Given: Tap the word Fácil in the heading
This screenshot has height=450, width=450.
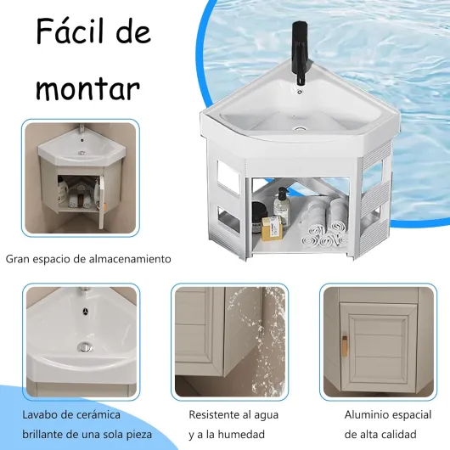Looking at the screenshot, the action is point(68,31).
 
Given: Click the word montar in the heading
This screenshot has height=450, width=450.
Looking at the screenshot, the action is point(87,88).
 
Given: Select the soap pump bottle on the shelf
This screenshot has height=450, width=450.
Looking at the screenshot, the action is point(281,205).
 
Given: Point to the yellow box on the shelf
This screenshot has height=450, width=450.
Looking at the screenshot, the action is point(272,228).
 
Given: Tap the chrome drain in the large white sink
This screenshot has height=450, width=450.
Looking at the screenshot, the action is point(300,129).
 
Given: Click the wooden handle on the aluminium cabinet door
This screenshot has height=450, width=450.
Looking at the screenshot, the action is point(345,346).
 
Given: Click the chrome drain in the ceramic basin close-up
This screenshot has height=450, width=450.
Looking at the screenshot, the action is point(85,347).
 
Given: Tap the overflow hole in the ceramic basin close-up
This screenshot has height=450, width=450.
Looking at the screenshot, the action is point(85,311).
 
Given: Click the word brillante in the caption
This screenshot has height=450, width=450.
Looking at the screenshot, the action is point(42,435).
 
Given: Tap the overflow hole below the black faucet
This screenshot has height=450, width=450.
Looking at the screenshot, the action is point(300,93).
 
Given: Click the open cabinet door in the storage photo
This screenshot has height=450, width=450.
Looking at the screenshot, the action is point(102,202).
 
